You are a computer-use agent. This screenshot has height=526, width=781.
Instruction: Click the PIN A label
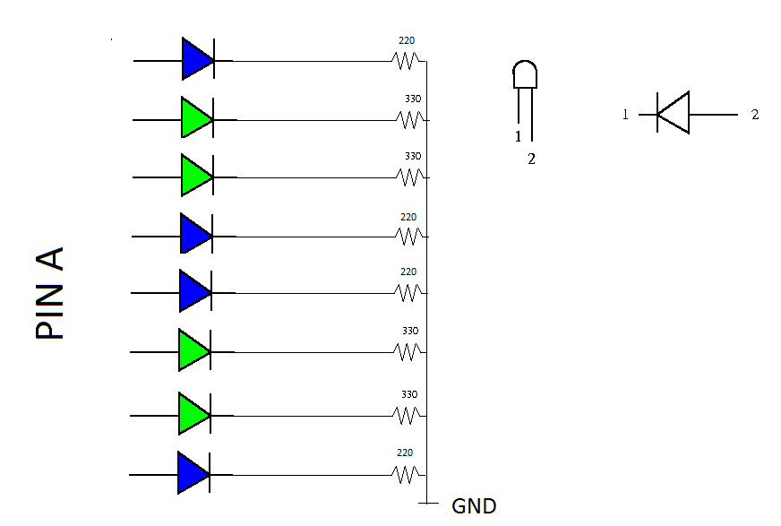tap(49, 293)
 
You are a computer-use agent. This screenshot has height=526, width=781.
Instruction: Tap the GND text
tap(474, 506)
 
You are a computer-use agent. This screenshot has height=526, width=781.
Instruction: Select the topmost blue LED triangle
tap(198, 59)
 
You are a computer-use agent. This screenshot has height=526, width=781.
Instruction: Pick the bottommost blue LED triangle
tap(193, 473)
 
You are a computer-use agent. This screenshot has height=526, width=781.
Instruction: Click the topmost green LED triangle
tap(197, 117)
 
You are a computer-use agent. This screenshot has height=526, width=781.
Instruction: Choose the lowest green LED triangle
tap(194, 413)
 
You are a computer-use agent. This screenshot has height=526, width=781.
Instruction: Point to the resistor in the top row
tap(406, 61)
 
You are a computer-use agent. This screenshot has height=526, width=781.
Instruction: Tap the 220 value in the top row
tap(407, 40)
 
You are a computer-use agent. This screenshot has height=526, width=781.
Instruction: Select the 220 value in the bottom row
tap(405, 453)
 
